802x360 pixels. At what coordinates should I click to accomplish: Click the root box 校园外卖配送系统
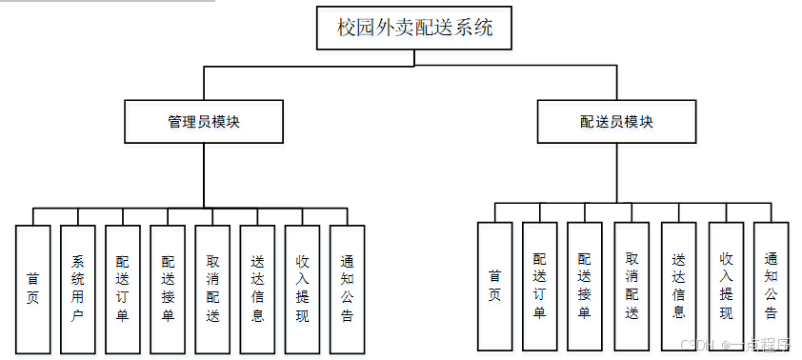point(414,29)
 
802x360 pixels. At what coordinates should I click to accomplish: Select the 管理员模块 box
point(204,122)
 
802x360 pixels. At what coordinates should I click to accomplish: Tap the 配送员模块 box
point(616,122)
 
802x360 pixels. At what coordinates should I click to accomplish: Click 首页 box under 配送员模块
point(494,286)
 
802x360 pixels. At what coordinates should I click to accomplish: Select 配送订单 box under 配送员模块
point(539,286)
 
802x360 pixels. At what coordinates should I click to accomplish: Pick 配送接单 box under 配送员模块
point(584,286)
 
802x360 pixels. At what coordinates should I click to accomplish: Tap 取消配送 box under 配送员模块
point(632,286)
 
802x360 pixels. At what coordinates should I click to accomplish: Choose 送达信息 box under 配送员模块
point(678,286)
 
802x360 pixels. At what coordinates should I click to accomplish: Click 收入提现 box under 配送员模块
point(726,286)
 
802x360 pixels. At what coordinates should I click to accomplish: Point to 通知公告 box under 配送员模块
point(771,286)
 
